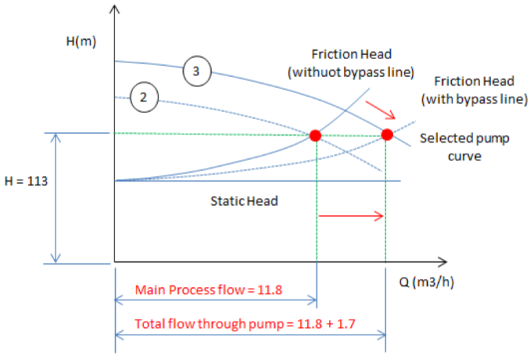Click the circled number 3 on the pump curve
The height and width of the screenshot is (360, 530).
[197, 72]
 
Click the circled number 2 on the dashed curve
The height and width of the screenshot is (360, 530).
[143, 97]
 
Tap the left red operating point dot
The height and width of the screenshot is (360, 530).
[315, 135]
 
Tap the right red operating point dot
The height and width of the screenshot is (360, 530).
[387, 134]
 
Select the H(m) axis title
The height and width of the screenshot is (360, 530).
[82, 40]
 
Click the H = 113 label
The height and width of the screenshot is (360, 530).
[26, 184]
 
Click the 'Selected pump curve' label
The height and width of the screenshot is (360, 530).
[464, 147]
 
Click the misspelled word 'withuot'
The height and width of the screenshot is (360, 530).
[323, 71]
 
